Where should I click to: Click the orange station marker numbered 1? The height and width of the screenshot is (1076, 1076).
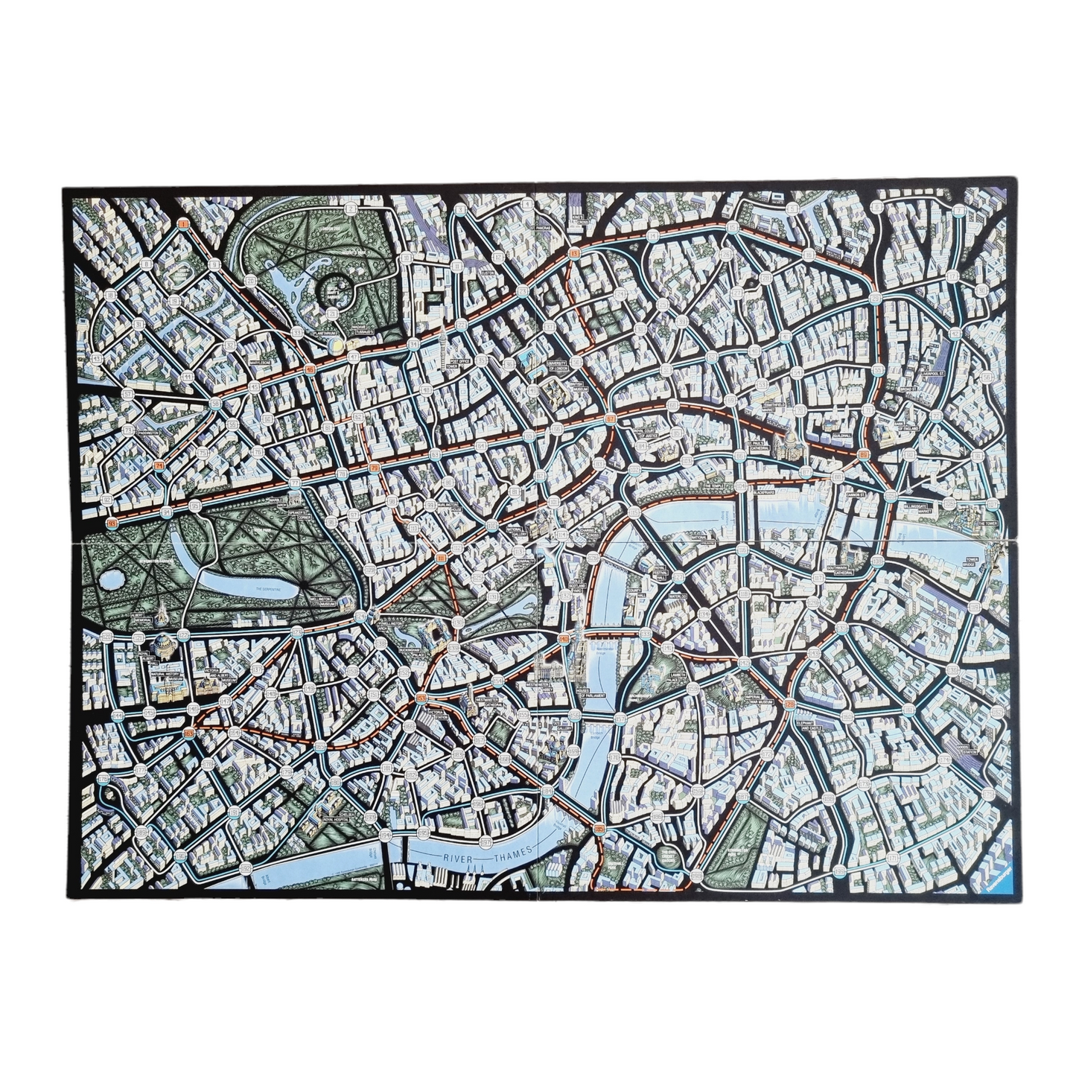point(183,222)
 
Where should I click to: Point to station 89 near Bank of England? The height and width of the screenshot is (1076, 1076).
point(864,455)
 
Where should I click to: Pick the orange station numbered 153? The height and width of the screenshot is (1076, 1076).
point(421,698)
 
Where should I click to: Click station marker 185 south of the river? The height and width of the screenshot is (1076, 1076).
point(599,828)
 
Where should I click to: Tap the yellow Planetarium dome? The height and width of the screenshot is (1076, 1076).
point(339,345)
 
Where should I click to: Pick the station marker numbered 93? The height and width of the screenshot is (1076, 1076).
point(113,523)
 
